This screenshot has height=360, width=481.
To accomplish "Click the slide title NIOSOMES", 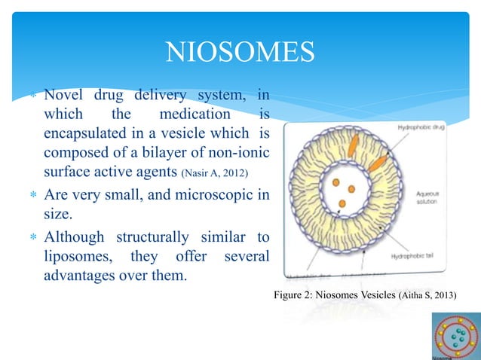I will [239, 53].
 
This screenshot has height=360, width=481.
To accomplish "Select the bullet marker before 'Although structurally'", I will [31, 237].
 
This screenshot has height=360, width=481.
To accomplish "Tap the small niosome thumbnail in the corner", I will [455, 337].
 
